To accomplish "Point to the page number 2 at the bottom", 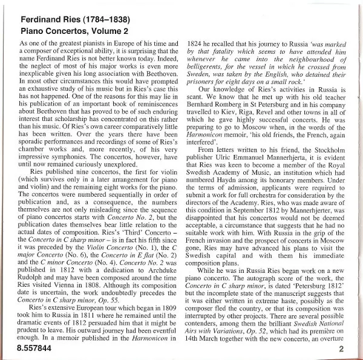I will (x=342, y=349).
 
